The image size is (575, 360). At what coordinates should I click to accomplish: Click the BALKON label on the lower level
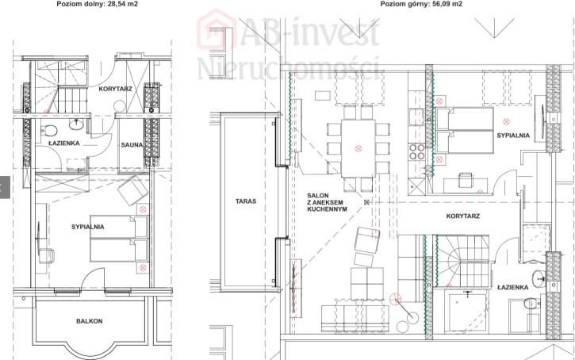(x=89, y=321)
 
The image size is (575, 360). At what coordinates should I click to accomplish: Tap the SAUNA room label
(x=132, y=145)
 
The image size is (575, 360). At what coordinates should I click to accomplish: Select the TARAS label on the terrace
(x=246, y=201)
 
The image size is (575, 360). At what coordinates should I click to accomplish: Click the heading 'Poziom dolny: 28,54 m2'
(x=98, y=4)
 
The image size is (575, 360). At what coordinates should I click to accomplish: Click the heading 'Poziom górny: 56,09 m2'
(x=421, y=4)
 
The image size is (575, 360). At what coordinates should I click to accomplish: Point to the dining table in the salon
(x=358, y=148)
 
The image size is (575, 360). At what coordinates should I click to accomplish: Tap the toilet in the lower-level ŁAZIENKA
(x=48, y=130)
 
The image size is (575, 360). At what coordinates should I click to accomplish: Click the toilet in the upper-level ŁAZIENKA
(x=531, y=303)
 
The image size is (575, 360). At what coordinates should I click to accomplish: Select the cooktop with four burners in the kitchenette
(x=416, y=151)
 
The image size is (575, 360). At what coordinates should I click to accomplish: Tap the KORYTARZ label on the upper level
(x=463, y=216)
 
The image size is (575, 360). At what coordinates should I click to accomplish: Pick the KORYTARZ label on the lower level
(x=115, y=89)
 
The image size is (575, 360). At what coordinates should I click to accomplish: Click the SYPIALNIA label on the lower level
(x=88, y=227)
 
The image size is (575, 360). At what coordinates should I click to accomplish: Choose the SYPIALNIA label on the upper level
(x=513, y=136)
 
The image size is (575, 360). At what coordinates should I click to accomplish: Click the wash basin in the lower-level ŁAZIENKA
(x=76, y=124)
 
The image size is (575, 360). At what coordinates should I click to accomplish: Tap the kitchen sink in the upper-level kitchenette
(x=416, y=116)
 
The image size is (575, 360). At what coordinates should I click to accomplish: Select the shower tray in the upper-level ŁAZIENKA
(x=466, y=312)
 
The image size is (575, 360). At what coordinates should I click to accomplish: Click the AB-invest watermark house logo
(x=217, y=29)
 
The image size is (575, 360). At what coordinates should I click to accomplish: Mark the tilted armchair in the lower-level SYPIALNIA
(x=132, y=190)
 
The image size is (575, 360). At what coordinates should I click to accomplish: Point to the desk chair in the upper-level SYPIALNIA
(x=466, y=180)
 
